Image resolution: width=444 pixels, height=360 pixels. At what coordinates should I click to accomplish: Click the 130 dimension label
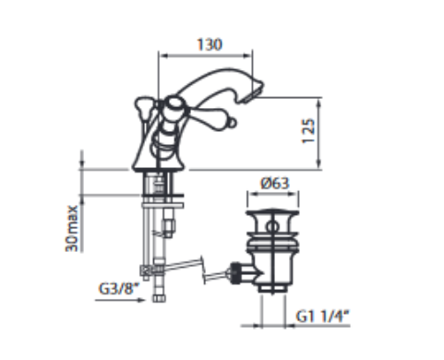click(x=210, y=44)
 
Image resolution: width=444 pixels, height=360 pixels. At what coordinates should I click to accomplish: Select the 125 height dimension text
click(x=308, y=130)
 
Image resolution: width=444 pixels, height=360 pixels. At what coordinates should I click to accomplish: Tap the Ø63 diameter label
click(x=275, y=184)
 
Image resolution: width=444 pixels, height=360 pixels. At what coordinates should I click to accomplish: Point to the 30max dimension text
click(x=72, y=228)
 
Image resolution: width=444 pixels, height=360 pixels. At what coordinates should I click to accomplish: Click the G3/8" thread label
click(x=119, y=289)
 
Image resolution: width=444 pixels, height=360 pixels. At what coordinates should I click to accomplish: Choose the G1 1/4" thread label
click(x=323, y=317)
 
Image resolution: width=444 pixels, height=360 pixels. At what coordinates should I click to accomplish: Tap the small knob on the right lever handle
click(x=233, y=123)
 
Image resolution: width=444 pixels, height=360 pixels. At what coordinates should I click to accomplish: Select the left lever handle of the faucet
click(x=145, y=108)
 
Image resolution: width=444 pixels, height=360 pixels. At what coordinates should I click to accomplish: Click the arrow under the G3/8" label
click(x=120, y=300)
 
